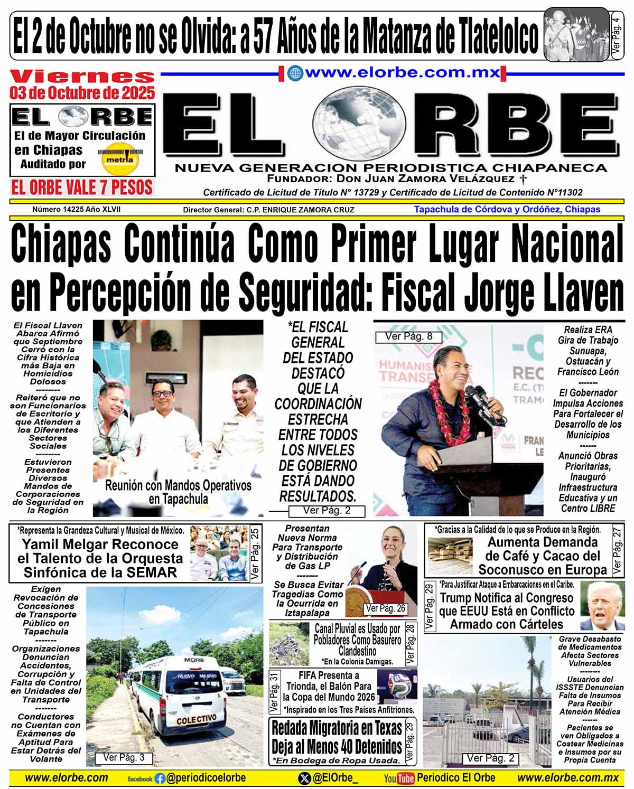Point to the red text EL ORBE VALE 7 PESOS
pyautogui.click(x=82, y=187)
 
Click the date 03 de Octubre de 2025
pyautogui.click(x=82, y=93)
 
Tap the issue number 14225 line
pyautogui.click(x=76, y=209)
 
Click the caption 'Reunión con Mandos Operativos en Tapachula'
pyautogui.click(x=178, y=492)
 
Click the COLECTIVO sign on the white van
pyautogui.click(x=196, y=719)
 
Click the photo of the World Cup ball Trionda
pyautogui.click(x=397, y=685)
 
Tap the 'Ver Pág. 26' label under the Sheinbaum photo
pyautogui.click(x=386, y=608)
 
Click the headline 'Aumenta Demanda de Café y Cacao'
pyautogui.click(x=542, y=556)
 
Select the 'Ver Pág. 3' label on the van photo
pyautogui.click(x=124, y=757)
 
